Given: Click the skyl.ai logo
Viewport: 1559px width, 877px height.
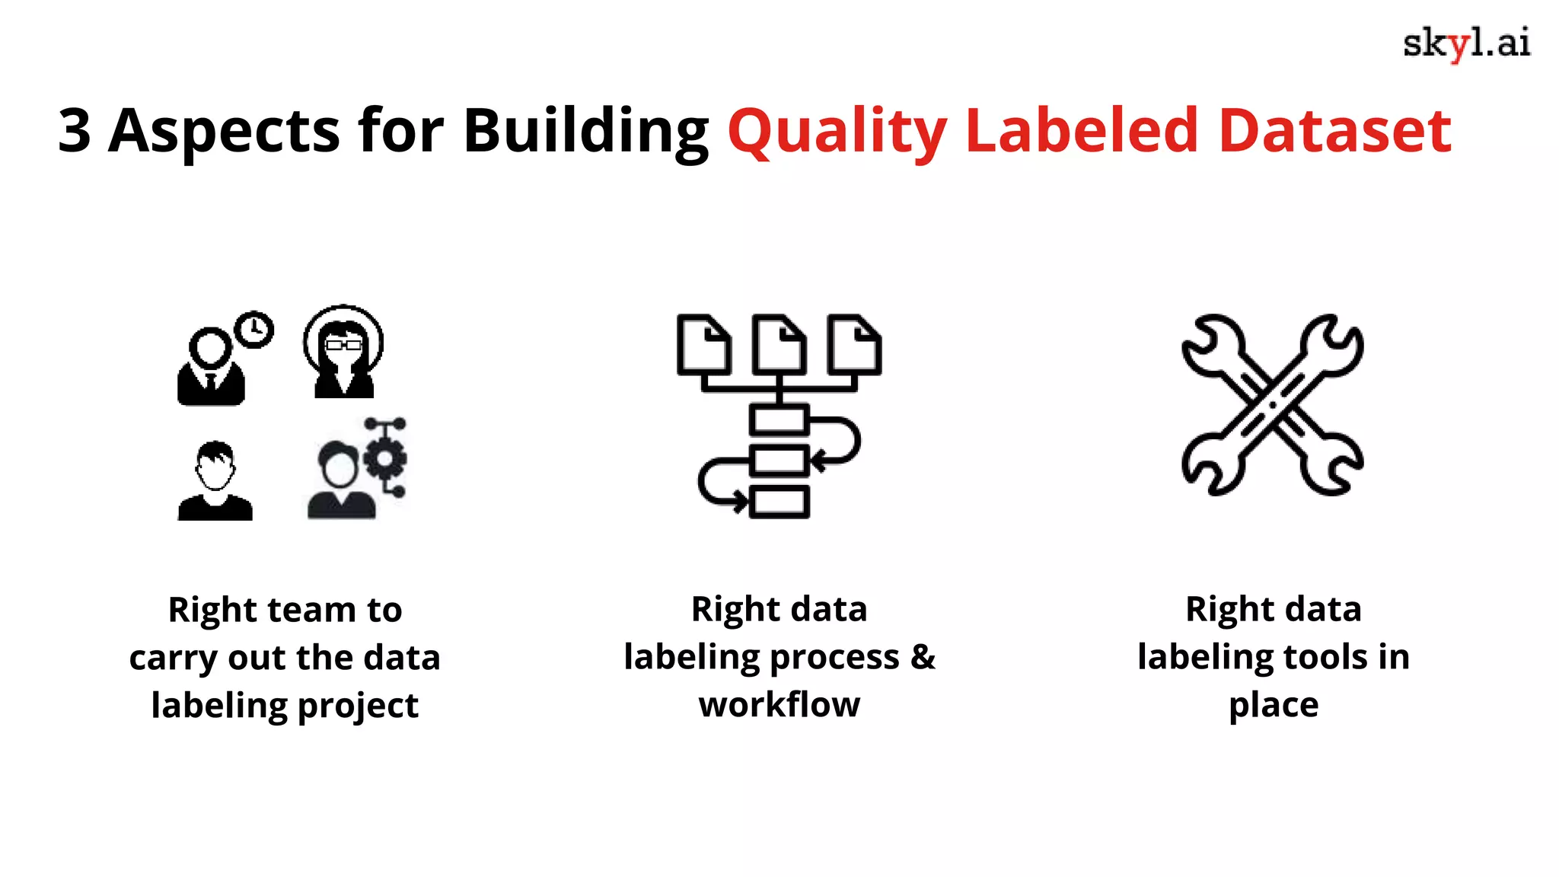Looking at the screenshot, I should tap(1466, 43).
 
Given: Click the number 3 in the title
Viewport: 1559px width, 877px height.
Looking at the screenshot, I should tap(75, 131).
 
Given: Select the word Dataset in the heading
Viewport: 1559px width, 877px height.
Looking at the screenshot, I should tap(1334, 131).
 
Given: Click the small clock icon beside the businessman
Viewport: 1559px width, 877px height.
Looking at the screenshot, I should tap(253, 330).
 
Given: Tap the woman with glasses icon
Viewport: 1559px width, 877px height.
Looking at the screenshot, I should tap(344, 352).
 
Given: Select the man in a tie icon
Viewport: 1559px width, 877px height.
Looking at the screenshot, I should tap(211, 367).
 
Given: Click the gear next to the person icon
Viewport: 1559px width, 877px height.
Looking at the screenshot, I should tap(385, 458).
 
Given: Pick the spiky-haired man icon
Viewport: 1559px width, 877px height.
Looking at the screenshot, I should tap(215, 481).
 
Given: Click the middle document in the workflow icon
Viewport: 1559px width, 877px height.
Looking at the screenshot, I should tap(779, 344).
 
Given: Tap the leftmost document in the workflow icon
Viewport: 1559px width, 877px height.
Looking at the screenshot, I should tap(703, 344).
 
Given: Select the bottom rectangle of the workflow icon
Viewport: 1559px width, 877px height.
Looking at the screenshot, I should tap(779, 502).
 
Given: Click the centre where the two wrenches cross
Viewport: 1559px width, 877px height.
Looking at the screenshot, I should tap(1272, 405).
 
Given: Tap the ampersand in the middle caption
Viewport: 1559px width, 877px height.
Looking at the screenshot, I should tap(923, 656).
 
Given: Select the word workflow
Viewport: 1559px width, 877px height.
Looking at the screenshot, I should tap(779, 704).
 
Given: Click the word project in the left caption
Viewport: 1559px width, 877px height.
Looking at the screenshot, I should tap(358, 706).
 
